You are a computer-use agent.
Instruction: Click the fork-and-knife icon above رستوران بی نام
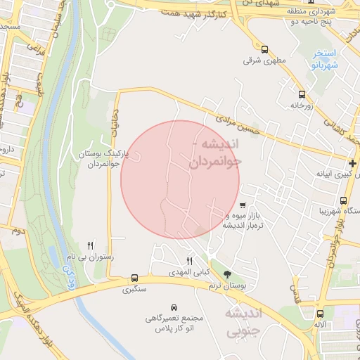click(x=90, y=245)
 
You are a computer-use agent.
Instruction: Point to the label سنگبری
click(x=134, y=289)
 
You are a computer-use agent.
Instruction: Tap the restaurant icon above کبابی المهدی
click(x=189, y=262)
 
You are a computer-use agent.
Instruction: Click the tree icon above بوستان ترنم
click(x=227, y=274)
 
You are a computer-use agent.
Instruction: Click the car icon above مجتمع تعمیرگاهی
click(x=174, y=307)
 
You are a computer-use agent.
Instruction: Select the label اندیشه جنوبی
click(x=243, y=321)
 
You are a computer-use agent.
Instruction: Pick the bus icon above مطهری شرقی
click(x=264, y=50)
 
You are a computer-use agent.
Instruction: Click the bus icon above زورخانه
click(x=302, y=94)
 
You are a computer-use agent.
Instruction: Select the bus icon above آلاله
click(x=320, y=314)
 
